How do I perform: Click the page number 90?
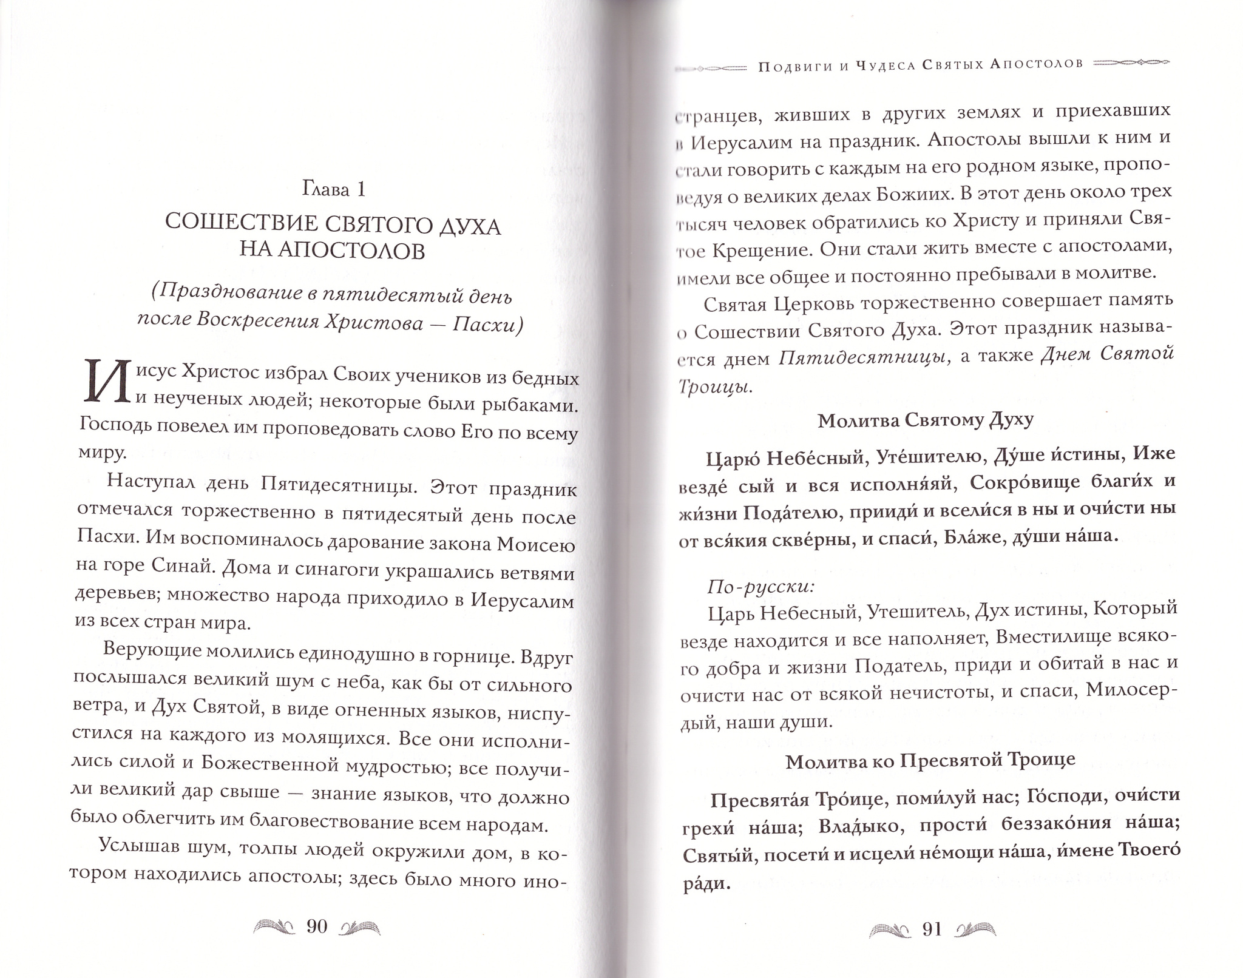(x=317, y=926)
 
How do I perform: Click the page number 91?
(x=931, y=929)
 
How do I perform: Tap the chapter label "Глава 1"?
(x=333, y=190)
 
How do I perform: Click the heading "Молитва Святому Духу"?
(x=925, y=420)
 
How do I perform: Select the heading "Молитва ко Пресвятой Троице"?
(x=930, y=760)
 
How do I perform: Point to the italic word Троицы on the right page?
(x=714, y=386)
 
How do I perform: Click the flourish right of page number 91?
(x=975, y=929)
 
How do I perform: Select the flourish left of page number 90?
(x=273, y=926)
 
